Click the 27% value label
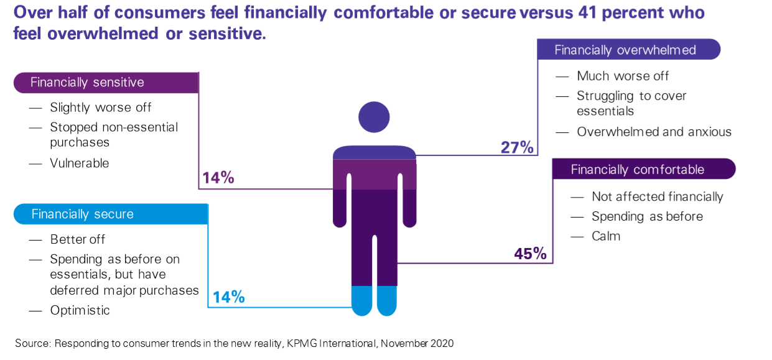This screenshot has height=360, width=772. [x=517, y=147]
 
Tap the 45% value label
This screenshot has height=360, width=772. [x=530, y=254]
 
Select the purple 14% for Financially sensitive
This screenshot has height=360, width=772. [x=218, y=178]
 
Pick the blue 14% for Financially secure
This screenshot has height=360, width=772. [x=228, y=297]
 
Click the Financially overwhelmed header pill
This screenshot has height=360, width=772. [x=628, y=50]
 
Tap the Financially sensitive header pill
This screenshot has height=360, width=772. [x=106, y=83]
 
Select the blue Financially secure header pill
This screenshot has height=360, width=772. [x=110, y=215]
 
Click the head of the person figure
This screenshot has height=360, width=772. [x=374, y=117]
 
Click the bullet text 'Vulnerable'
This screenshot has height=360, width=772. [x=79, y=163]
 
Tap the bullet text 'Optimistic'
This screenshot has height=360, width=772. [x=80, y=310]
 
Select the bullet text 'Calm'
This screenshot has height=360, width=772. [x=606, y=236]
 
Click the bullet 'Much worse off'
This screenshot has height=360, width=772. [x=623, y=76]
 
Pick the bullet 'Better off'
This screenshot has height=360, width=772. [x=78, y=239]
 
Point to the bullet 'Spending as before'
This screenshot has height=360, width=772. [x=647, y=216]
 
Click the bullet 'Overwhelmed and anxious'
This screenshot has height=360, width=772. [x=654, y=132]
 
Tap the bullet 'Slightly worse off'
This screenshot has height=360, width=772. [x=101, y=108]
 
